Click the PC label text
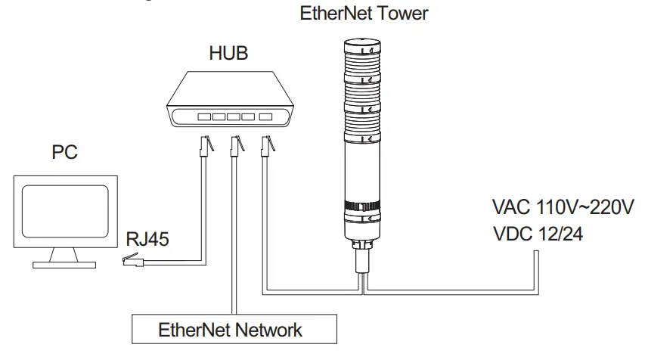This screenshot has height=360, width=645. pyautogui.click(x=64, y=154)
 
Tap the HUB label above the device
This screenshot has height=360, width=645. pyautogui.click(x=228, y=54)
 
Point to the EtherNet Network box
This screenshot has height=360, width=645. pyautogui.click(x=230, y=330)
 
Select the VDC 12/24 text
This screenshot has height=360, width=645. pyautogui.click(x=538, y=234)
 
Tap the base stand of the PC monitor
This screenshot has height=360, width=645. pyautogui.click(x=65, y=263)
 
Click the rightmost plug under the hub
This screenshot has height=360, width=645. pyautogui.click(x=267, y=145)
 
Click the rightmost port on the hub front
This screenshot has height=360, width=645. pyautogui.click(x=265, y=117)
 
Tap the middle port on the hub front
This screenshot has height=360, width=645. pyautogui.click(x=234, y=117)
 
